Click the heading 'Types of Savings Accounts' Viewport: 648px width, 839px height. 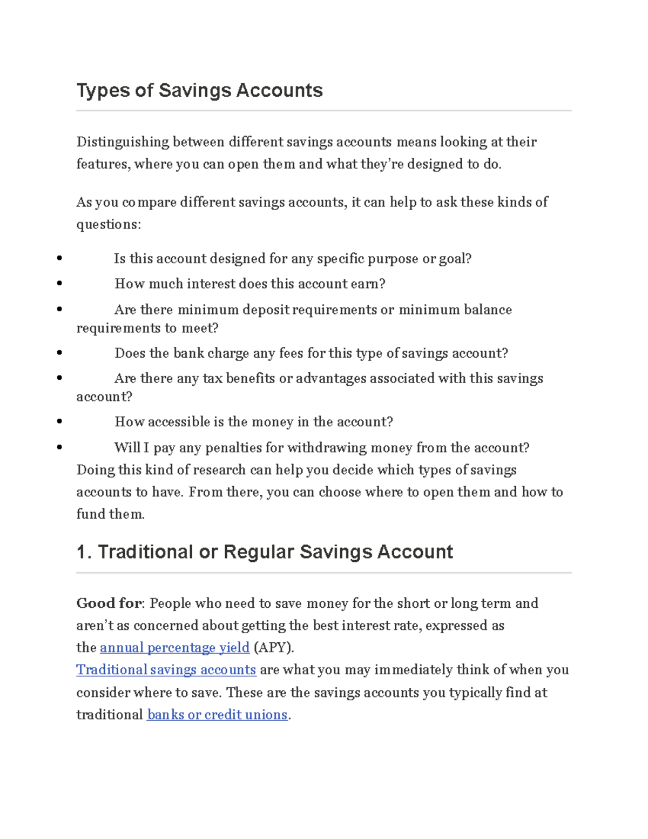(x=199, y=90)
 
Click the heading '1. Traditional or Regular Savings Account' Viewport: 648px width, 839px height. (x=265, y=552)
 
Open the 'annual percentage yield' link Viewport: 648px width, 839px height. (x=174, y=647)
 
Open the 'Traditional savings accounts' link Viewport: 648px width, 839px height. (x=166, y=670)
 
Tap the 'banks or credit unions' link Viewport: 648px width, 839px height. (x=217, y=715)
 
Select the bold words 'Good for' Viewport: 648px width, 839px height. (x=110, y=603)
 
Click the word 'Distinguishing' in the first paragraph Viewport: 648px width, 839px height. (x=123, y=142)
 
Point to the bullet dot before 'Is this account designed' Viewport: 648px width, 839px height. (x=59, y=259)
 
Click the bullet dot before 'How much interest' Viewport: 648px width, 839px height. (x=59, y=284)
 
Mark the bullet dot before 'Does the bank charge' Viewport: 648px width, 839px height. (x=59, y=353)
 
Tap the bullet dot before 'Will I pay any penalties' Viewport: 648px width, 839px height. (x=59, y=448)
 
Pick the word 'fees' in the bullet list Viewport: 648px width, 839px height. (x=291, y=353)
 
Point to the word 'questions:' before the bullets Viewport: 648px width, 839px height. (x=109, y=224)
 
